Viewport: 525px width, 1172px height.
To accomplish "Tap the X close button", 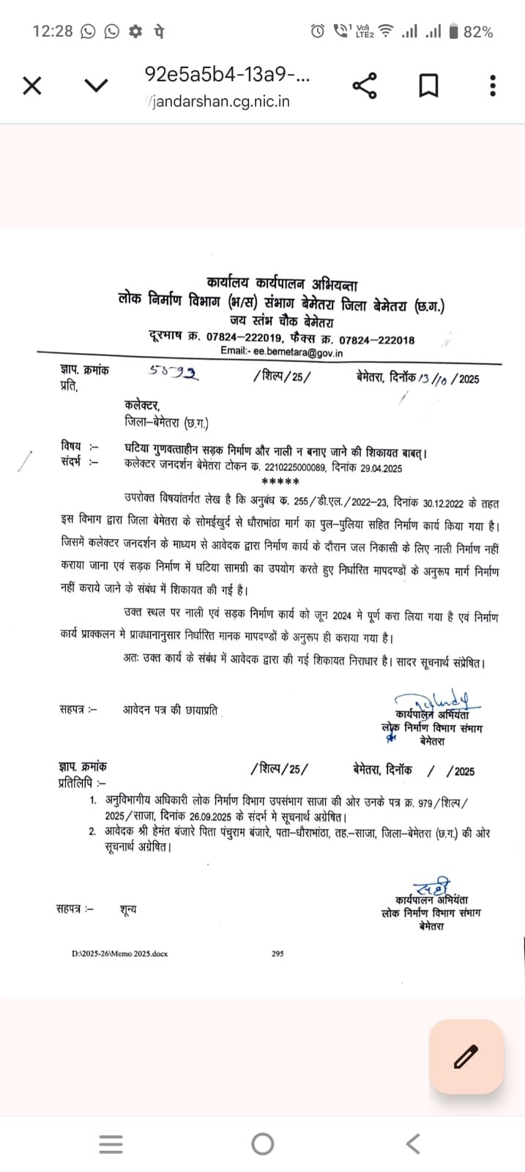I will point(32,86).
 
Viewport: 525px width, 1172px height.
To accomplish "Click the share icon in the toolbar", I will point(365,86).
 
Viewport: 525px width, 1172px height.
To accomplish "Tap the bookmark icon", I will point(428,86).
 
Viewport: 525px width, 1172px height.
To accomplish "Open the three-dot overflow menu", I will point(493,86).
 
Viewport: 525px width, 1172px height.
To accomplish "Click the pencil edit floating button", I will point(466,1056).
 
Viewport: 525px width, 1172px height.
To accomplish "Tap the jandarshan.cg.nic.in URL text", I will point(220,102).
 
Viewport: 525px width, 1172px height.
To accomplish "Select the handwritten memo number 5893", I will point(174,373).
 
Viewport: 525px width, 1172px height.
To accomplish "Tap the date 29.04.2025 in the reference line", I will point(381,468).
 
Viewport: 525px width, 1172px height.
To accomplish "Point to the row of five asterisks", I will point(280,481).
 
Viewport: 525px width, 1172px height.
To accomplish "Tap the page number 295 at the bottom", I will point(278,954).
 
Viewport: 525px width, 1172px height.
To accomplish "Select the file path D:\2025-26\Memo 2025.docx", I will point(119,954).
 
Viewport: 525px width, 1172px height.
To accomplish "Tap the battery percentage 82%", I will point(478,31).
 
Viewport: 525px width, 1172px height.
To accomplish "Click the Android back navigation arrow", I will point(413,1143).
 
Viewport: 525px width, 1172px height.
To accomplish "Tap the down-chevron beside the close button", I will point(96,86).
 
